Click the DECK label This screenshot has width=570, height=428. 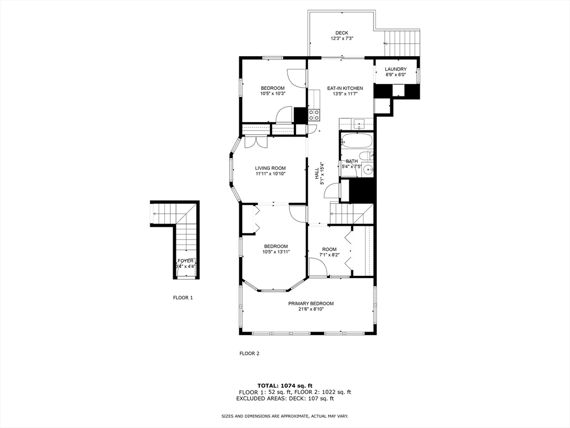[x=341, y=33]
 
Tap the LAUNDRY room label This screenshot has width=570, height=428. [x=396, y=69]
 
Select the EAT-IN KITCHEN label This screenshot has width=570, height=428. [x=345, y=88]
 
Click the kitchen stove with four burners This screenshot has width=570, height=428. [x=314, y=115]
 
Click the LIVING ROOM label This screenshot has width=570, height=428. [x=270, y=168]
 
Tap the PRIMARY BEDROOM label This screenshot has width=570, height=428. [x=311, y=303]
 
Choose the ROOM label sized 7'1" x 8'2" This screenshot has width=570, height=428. [x=329, y=249]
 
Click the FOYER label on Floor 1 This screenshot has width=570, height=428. [x=185, y=261]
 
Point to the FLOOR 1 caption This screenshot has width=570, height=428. [x=183, y=298]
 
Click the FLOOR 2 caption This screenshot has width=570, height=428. [x=249, y=353]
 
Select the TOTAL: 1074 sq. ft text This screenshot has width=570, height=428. [x=284, y=386]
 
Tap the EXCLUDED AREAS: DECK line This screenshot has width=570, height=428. [x=284, y=398]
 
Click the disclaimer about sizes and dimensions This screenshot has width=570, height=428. [x=284, y=416]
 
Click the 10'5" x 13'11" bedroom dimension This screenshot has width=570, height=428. [x=276, y=252]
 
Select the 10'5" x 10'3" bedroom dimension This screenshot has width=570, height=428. [x=273, y=94]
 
